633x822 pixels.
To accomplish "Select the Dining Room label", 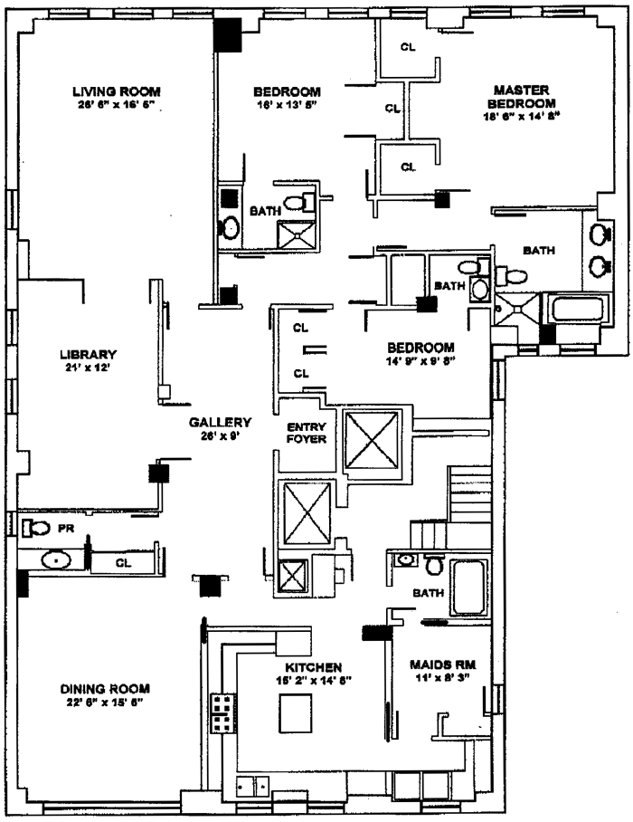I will tap(99, 687).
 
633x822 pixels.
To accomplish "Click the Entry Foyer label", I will tap(305, 433).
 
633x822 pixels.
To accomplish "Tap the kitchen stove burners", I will tap(221, 712).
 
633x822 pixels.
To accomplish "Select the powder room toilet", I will tap(36, 527).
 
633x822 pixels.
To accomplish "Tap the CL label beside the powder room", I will tap(124, 563).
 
